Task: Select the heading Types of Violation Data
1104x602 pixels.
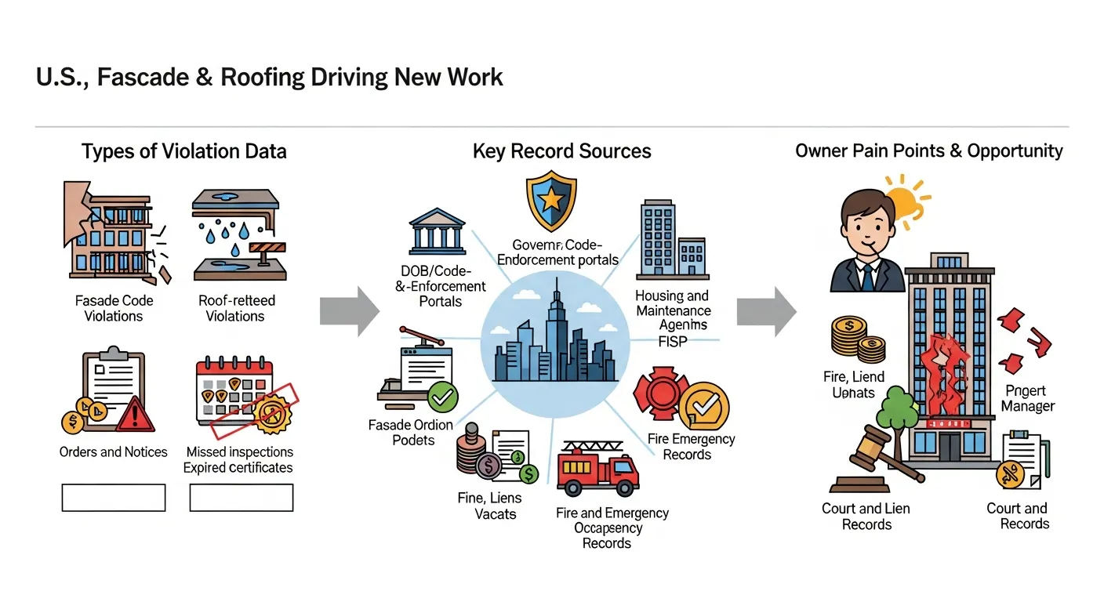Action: pos(183,151)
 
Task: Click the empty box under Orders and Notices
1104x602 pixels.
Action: pos(114,498)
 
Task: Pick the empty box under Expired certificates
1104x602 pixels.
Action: pos(241,498)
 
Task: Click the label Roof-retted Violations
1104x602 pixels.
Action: pos(235,308)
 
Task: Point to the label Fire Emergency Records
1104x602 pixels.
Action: pos(691,447)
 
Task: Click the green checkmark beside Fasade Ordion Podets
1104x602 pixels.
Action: pos(443,397)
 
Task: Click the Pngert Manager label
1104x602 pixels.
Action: pos(1028,398)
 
